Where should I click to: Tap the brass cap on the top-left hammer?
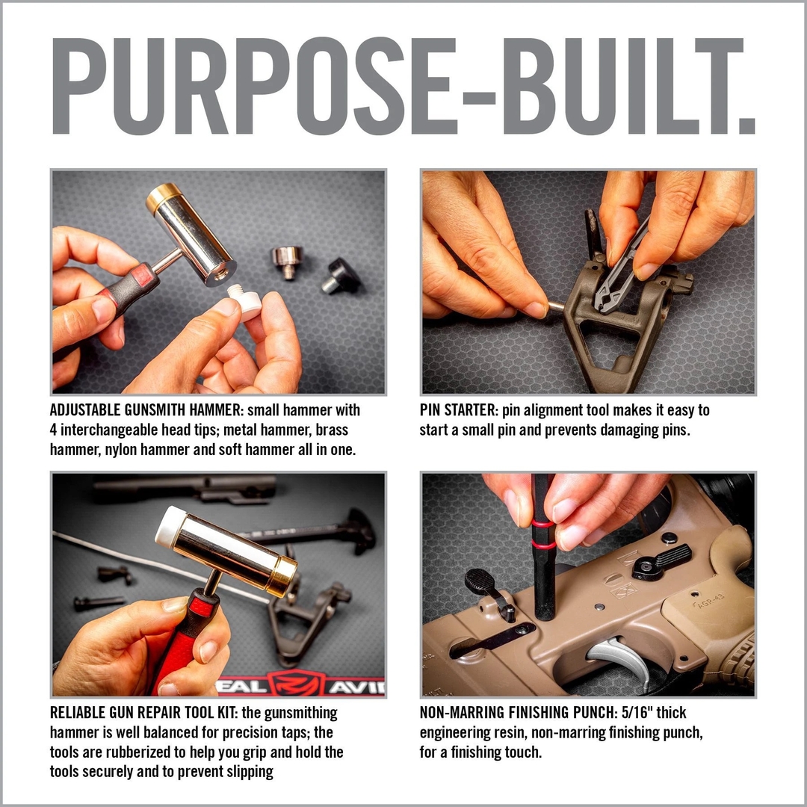[163, 198]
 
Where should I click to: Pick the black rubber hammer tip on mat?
[341, 276]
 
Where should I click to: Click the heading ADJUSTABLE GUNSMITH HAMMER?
[146, 411]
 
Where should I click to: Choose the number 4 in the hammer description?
[55, 430]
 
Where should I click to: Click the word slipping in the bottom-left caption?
[250, 771]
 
